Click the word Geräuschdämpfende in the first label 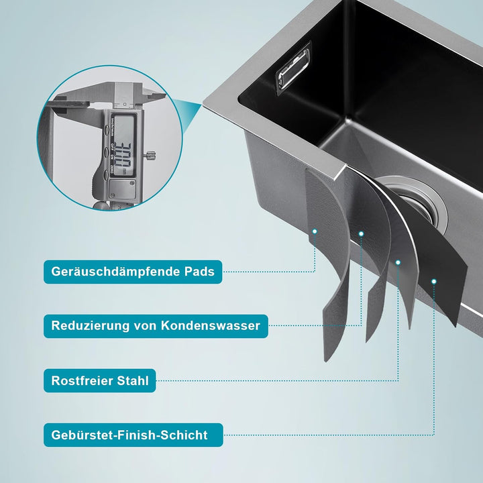115,272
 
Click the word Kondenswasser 211,325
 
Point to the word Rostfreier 81,380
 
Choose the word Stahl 133,380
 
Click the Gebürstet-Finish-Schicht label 133,435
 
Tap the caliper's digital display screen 123,146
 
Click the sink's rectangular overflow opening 293,66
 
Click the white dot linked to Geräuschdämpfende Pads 315,231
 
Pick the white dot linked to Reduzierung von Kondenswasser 361,234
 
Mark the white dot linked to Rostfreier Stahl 398,262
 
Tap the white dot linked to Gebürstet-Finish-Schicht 434,281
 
